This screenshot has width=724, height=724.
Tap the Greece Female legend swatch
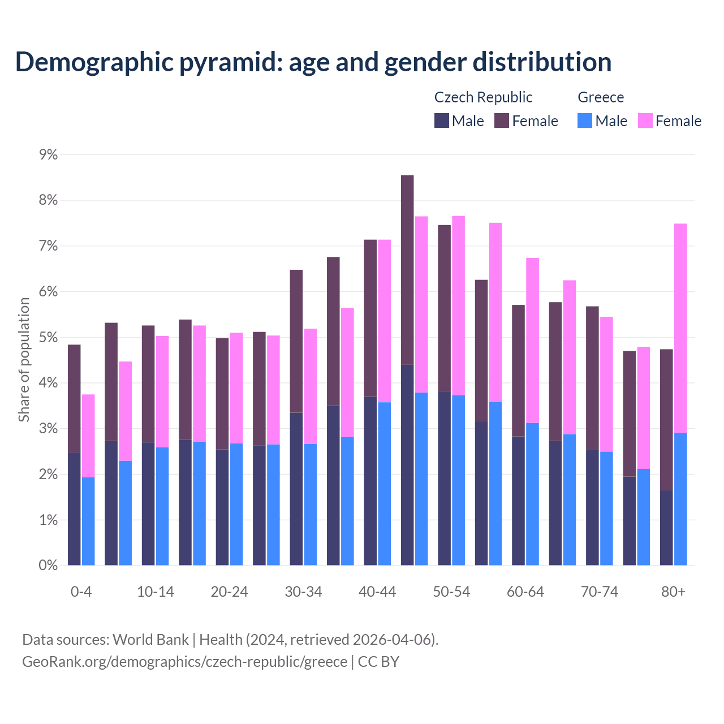pos(645,120)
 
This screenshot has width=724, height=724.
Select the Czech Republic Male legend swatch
pos(441,120)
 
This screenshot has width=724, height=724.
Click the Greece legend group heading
pos(601,97)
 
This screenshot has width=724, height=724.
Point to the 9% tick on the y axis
pos(49,154)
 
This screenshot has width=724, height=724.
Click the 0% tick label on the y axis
pos(49,565)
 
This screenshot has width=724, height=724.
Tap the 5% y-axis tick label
pos(49,337)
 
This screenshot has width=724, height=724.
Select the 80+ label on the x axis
pos(673,592)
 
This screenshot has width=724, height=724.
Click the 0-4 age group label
pos(81,592)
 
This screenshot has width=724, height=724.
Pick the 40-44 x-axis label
pos(377,592)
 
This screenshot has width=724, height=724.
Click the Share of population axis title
pos(24,360)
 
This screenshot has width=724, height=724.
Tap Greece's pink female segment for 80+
pos(680,328)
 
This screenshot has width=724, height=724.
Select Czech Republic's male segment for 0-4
pos(74,508)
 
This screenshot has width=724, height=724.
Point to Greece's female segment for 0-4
pos(88,436)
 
